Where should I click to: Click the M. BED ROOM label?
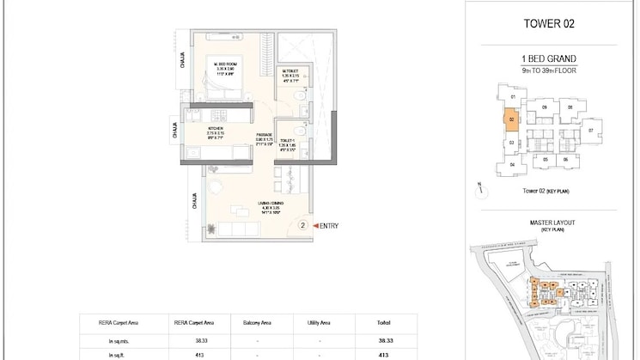(x=226, y=64)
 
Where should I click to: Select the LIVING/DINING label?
(x=271, y=203)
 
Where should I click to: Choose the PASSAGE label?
(x=265, y=136)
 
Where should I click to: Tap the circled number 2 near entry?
(x=302, y=225)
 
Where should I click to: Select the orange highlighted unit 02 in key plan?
(x=511, y=120)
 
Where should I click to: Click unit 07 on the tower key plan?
(x=591, y=130)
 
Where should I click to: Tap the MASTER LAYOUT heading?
(x=552, y=223)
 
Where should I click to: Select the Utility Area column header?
(x=319, y=323)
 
